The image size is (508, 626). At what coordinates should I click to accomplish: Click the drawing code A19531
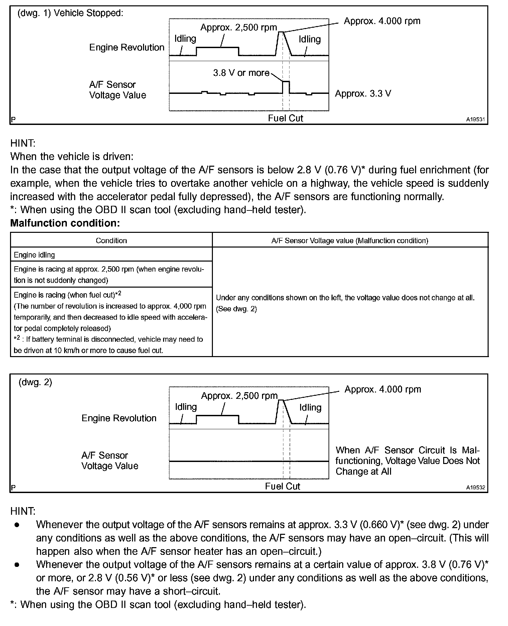476,119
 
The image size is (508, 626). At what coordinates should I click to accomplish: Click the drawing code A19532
476,487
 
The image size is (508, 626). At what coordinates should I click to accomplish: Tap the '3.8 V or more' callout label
241,73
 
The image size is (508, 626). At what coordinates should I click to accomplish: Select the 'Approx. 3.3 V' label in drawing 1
363,94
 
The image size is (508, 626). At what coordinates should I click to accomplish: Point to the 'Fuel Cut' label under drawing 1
285,118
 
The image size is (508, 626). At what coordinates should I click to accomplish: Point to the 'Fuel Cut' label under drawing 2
282,486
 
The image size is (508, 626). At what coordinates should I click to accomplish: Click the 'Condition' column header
111,241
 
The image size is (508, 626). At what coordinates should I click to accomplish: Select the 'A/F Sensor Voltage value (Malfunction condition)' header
350,241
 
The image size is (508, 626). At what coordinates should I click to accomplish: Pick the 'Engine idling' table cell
34,255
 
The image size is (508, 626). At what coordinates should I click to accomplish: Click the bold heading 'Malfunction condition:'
65,223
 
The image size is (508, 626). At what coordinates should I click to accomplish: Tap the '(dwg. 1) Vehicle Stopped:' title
70,13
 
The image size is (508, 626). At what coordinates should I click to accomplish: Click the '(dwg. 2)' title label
35,382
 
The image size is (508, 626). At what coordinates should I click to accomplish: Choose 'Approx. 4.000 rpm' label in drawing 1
382,21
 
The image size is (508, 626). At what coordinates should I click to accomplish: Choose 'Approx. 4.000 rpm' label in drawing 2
383,389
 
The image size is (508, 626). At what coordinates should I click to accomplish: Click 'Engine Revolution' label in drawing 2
119,418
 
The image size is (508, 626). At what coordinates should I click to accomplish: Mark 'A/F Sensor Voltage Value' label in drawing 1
118,90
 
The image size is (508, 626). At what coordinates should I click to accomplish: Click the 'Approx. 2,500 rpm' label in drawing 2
239,396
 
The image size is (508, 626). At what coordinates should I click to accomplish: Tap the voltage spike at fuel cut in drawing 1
286,86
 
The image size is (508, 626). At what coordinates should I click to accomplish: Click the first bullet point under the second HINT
17,525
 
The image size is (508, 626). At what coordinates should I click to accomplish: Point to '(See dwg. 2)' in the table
236,309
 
